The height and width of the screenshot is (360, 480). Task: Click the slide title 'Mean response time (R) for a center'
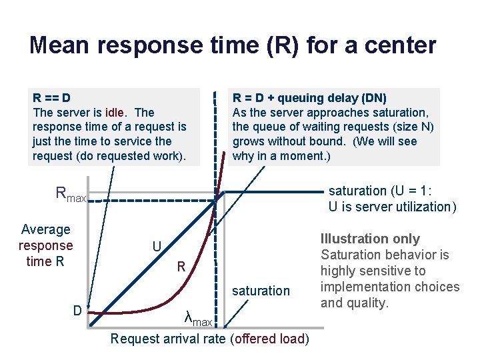click(x=233, y=45)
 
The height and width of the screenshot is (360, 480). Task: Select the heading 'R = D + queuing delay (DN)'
click(x=309, y=98)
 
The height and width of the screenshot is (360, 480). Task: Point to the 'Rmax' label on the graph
click(x=71, y=195)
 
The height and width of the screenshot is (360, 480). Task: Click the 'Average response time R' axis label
click(x=45, y=245)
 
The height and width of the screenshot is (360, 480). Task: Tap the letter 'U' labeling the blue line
click(x=157, y=247)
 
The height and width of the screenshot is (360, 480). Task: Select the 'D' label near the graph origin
click(x=77, y=311)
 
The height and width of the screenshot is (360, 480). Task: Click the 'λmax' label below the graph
click(x=198, y=319)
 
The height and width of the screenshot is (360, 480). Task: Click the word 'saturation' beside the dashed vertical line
click(x=261, y=291)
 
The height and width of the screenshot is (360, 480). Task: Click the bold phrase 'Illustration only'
click(x=370, y=239)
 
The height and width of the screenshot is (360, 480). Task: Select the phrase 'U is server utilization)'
click(x=392, y=207)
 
